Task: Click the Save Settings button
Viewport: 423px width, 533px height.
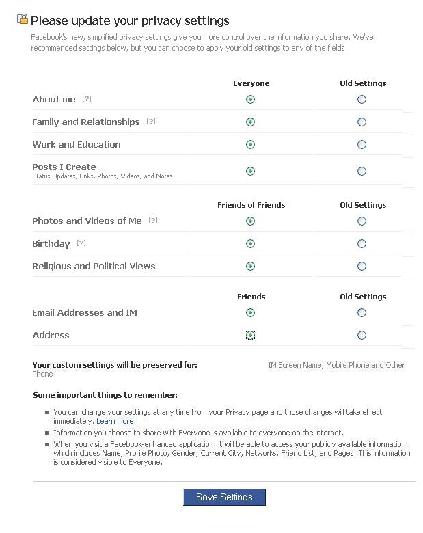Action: click(x=224, y=497)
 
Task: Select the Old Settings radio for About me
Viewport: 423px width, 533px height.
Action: click(x=361, y=99)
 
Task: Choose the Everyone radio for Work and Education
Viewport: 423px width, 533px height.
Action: click(x=250, y=144)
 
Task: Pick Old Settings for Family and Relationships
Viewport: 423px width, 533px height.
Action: click(x=361, y=122)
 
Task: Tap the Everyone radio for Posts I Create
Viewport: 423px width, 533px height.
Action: click(x=250, y=171)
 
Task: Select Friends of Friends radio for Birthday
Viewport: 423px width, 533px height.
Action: click(x=250, y=243)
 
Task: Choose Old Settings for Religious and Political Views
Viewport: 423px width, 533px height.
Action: click(x=361, y=266)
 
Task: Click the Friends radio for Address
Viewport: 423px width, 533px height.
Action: click(x=250, y=335)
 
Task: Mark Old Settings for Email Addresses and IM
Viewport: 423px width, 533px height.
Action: click(x=361, y=312)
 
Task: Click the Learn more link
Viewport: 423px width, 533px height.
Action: click(x=115, y=422)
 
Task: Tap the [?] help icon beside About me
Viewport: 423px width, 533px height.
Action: click(x=87, y=99)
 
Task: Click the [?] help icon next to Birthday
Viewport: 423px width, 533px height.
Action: click(x=81, y=243)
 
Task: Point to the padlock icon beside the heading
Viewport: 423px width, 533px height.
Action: click(x=23, y=19)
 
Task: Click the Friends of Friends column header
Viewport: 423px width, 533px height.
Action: click(x=251, y=205)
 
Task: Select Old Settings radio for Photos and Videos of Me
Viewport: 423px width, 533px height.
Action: click(x=361, y=221)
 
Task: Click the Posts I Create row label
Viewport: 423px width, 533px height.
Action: click(x=64, y=167)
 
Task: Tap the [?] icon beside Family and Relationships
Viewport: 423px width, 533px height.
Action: click(x=151, y=122)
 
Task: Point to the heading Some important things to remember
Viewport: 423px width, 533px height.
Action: click(x=105, y=395)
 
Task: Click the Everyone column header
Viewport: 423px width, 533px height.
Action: click(x=251, y=83)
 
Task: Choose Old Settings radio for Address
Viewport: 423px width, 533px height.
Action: click(x=361, y=335)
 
